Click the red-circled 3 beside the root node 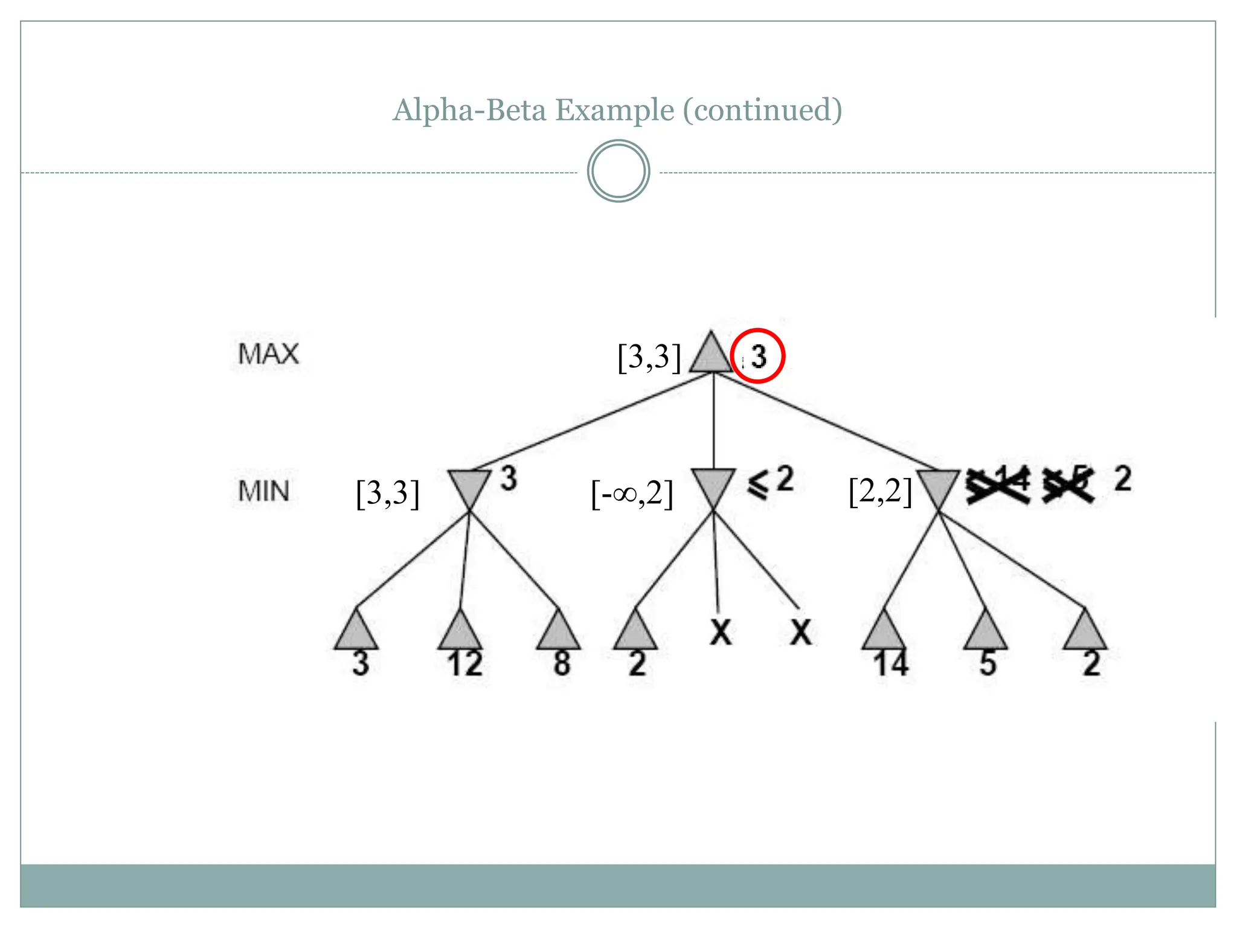pos(757,356)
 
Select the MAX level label pos(268,354)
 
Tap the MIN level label pos(263,491)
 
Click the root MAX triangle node pos(711,355)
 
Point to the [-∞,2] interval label pos(632,494)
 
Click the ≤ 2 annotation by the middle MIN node pos(771,482)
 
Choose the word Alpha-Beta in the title pos(471,110)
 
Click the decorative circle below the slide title pos(618,171)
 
